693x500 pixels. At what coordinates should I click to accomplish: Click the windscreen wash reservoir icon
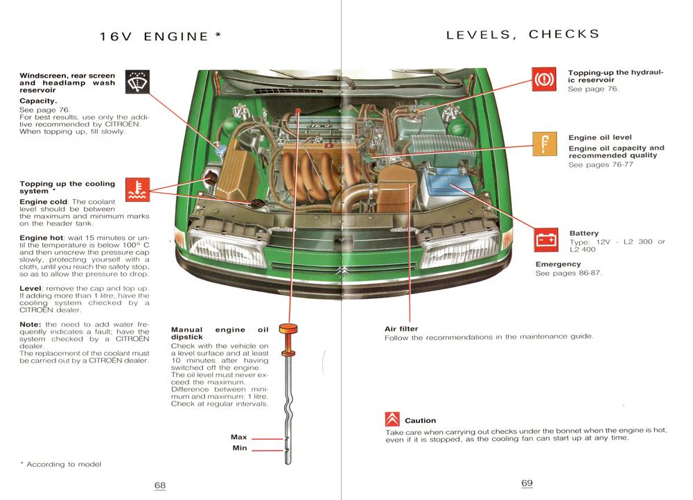click(137, 82)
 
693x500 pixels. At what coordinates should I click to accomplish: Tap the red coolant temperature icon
click(137, 189)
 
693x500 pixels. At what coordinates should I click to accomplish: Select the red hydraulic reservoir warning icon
click(544, 79)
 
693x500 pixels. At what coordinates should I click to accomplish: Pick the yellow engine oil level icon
click(545, 144)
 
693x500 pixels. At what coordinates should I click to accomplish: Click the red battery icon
click(546, 240)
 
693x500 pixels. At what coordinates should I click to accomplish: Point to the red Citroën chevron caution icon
click(392, 419)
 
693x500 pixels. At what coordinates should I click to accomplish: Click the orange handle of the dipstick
click(288, 329)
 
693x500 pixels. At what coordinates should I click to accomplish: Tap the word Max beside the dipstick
click(238, 437)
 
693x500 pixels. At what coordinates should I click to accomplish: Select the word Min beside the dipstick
click(240, 448)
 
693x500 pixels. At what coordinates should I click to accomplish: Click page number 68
click(160, 485)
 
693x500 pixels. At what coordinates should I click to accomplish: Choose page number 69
click(527, 483)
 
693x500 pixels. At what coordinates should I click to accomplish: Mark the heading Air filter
click(401, 329)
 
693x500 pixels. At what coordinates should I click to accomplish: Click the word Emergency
click(558, 264)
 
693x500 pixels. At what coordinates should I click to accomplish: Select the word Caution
click(421, 420)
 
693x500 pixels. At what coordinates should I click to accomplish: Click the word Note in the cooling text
click(30, 325)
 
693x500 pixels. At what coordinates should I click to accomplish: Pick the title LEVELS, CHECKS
click(523, 35)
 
